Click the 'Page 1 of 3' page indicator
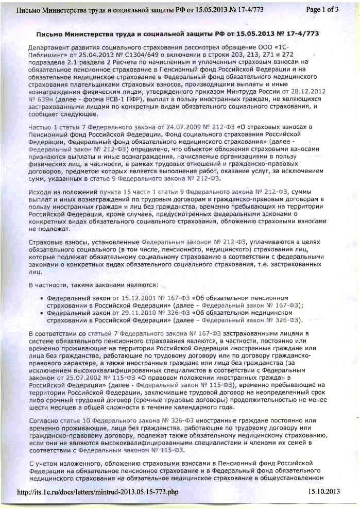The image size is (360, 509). pyautogui.click(x=322, y=9)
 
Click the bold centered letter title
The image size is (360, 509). pyautogui.click(x=178, y=33)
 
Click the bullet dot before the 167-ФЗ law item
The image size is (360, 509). pyautogui.click(x=41, y=298)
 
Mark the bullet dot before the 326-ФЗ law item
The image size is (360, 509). pyautogui.click(x=41, y=313)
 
